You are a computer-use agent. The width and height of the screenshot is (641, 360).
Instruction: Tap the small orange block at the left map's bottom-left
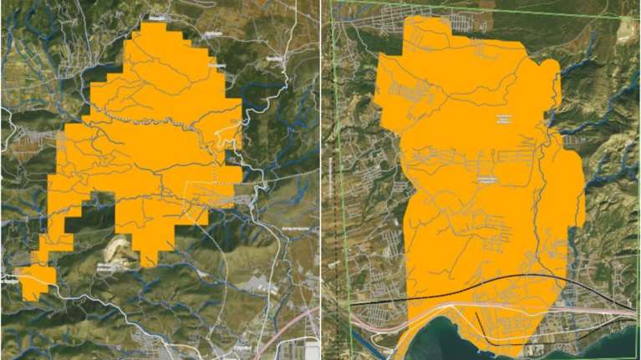pyautogui.click(x=36, y=281)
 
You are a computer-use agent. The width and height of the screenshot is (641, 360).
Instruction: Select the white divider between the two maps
pyautogui.click(x=321, y=180)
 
